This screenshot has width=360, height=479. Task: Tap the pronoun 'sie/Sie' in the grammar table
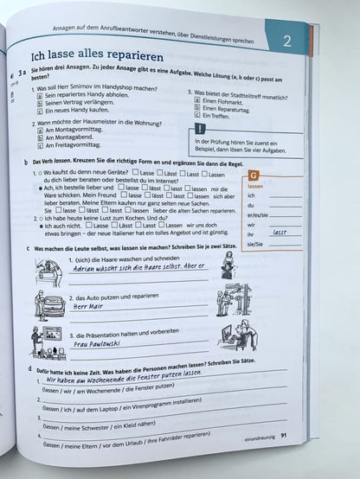click(x=255, y=245)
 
